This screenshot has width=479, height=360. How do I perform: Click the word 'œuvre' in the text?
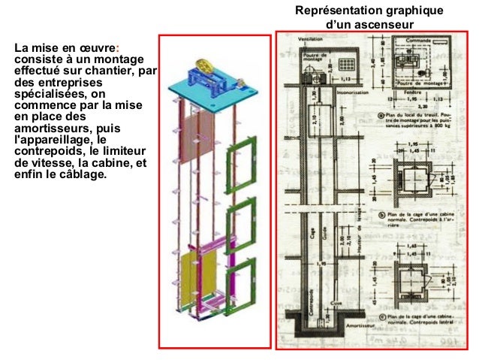(93, 47)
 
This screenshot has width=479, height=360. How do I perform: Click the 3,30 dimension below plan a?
(411, 107)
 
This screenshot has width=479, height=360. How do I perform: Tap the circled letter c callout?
(384, 318)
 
